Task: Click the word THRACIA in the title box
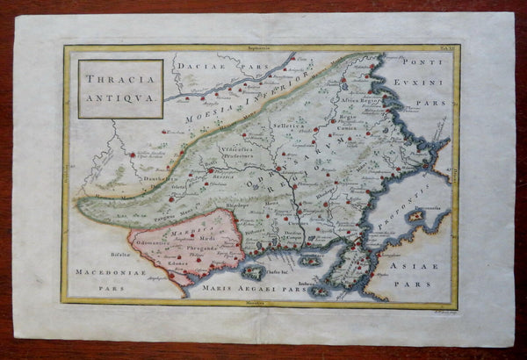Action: pyautogui.click(x=119, y=78)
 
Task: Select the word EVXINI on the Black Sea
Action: pyautogui.click(x=422, y=77)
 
